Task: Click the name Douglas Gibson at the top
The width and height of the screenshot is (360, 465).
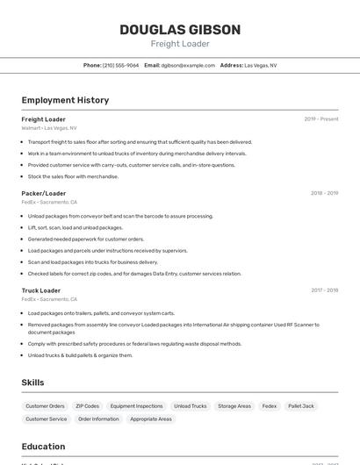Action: (x=180, y=30)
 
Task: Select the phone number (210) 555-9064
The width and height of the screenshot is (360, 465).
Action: (x=120, y=65)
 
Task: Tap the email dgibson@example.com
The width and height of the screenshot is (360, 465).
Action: (x=186, y=65)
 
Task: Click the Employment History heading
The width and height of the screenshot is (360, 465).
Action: (x=65, y=100)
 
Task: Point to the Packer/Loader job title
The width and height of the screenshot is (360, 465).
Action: (x=44, y=193)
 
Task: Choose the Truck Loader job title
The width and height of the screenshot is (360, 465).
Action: (x=41, y=290)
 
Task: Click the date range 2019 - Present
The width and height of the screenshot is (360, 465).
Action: (x=321, y=119)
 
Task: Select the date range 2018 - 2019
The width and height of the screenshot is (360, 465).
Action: (x=324, y=193)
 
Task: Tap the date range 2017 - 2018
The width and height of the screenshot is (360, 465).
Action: (x=324, y=290)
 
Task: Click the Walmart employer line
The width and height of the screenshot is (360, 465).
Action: (x=49, y=128)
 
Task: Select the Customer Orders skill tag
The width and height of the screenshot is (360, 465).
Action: (x=45, y=406)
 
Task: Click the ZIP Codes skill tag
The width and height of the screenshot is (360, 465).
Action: (x=87, y=406)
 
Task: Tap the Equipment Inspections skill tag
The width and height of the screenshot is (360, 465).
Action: (x=136, y=406)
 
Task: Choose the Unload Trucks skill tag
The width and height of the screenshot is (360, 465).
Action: (x=190, y=406)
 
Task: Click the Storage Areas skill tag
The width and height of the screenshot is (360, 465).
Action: (x=234, y=406)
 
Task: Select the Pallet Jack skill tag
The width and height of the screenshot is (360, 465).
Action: (x=301, y=406)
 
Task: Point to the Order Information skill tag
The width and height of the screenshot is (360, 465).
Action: (x=98, y=419)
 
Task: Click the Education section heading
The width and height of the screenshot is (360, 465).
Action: (x=44, y=446)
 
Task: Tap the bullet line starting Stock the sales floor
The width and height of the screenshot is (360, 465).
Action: (x=73, y=176)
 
